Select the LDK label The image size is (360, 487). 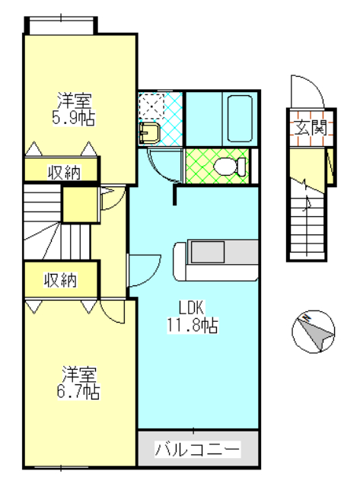click(191, 308)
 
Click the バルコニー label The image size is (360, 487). click(198, 449)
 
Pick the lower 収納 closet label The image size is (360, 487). click(59, 280)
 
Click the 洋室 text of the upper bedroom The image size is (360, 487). click(76, 100)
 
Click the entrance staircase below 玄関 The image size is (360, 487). click(308, 221)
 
